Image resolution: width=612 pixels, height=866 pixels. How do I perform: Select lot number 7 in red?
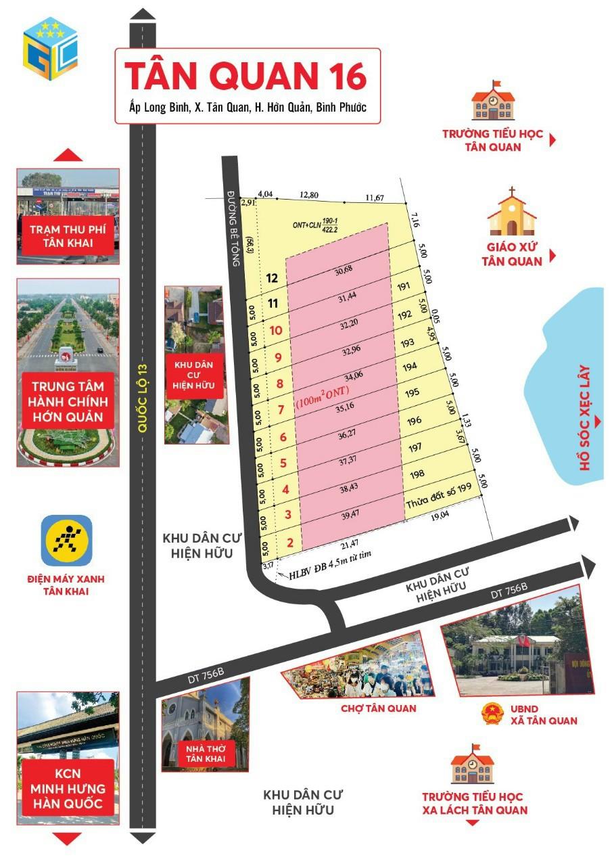280,410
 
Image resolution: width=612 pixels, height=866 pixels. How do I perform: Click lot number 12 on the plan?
273,277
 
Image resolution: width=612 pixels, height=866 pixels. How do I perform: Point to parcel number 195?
413,392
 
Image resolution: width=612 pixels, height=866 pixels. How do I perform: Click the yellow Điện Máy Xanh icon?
66,540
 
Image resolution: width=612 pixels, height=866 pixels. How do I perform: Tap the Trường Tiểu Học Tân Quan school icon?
492,101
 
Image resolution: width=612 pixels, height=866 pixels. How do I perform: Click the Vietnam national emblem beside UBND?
493,714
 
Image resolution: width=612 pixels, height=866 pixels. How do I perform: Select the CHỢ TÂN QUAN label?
378,708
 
